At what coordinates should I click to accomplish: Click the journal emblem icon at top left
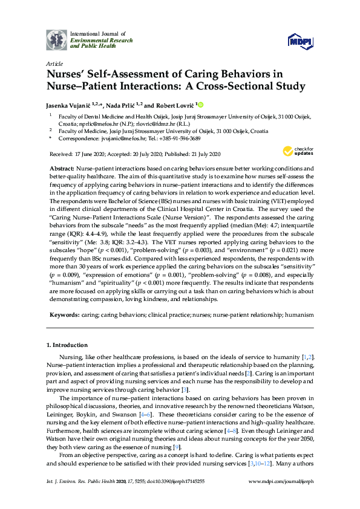point(56,39)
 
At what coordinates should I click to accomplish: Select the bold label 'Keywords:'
point(64,315)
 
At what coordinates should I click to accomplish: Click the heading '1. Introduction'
point(67,346)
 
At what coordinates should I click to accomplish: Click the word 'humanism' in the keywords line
point(299,315)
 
